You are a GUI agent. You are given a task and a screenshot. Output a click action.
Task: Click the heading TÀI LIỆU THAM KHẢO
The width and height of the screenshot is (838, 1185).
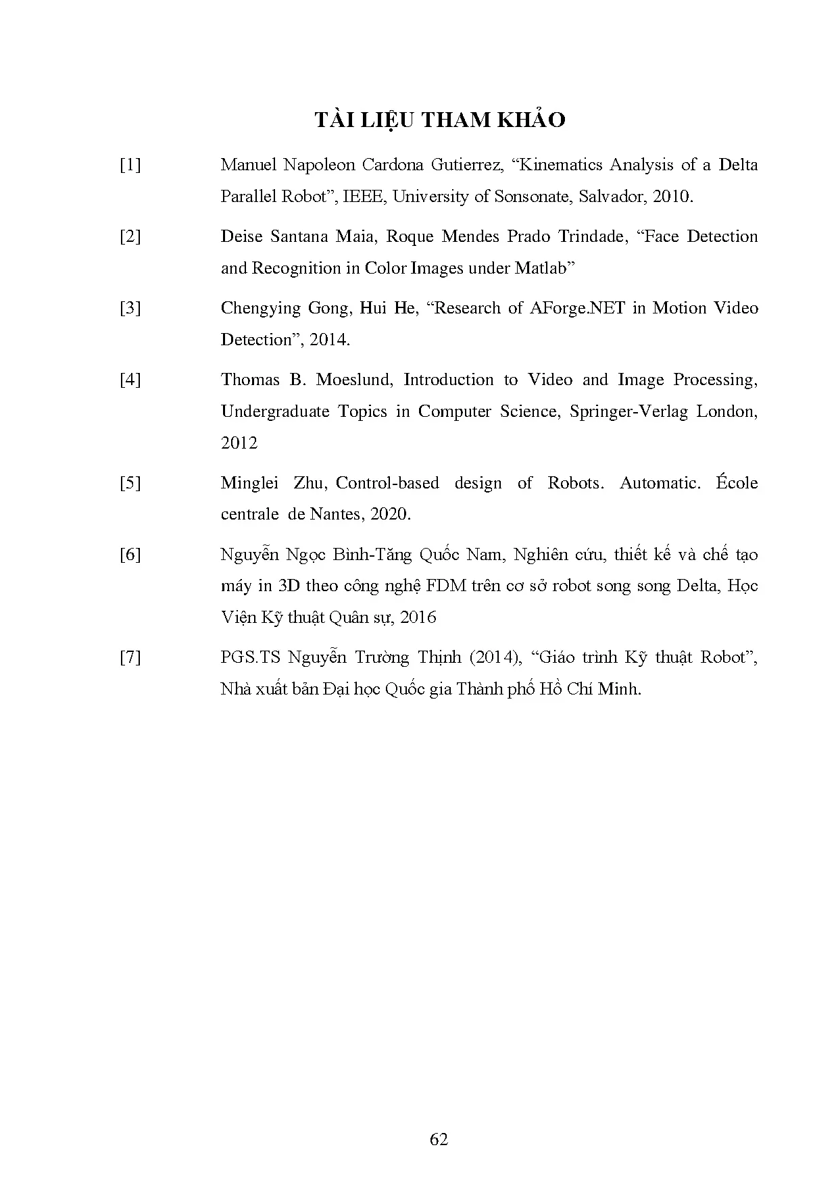[439, 120]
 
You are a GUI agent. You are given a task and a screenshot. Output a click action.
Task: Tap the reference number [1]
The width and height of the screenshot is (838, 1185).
[130, 165]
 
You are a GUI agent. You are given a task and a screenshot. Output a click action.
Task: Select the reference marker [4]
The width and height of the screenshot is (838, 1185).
[130, 380]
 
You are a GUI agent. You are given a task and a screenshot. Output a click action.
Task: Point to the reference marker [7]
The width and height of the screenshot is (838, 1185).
[130, 657]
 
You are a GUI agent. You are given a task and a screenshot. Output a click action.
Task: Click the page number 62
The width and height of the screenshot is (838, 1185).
[439, 1139]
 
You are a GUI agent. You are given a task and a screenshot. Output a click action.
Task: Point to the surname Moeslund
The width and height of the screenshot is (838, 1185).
[353, 380]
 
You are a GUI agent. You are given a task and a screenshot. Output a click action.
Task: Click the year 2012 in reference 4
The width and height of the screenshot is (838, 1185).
[239, 443]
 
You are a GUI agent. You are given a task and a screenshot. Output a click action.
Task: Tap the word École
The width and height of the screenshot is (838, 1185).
[737, 483]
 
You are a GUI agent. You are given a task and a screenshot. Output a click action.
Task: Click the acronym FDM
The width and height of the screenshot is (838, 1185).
[446, 586]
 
